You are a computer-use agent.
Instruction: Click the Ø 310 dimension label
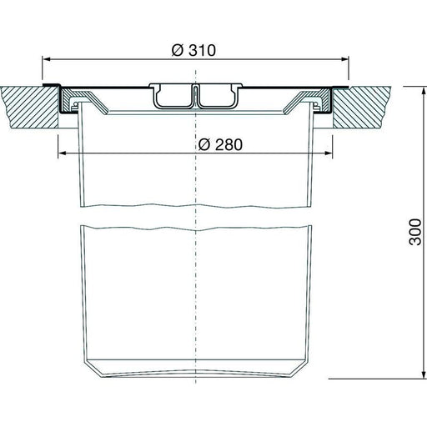click(x=193, y=50)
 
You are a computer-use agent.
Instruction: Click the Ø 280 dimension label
click(x=220, y=144)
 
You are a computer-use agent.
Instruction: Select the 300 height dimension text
click(x=415, y=232)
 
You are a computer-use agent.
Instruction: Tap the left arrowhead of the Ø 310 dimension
click(x=46, y=59)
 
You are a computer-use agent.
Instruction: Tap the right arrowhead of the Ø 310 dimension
click(x=345, y=59)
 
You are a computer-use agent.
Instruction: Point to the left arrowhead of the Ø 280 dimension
click(x=62, y=153)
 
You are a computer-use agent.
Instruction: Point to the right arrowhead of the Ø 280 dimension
click(x=329, y=153)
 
